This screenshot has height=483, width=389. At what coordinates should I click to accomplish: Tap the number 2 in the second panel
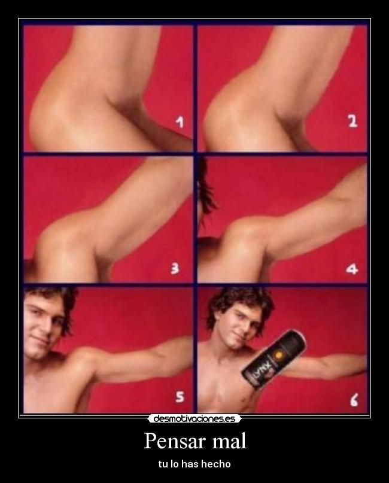pos(352,121)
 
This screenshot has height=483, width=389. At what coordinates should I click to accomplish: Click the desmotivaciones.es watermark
pos(194,419)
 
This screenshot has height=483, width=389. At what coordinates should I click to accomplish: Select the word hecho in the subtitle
pos(217,464)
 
